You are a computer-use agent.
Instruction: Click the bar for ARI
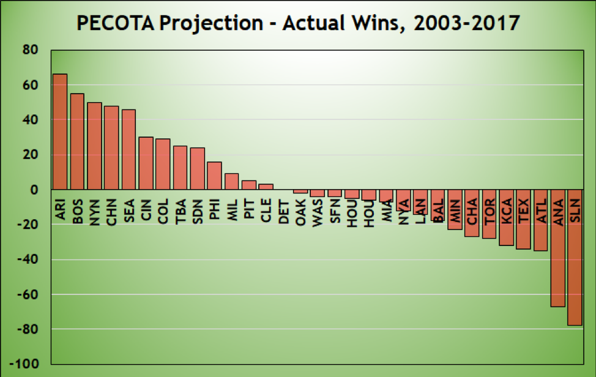60,132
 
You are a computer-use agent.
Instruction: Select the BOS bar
77,142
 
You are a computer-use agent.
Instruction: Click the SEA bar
129,150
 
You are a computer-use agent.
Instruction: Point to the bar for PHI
214,176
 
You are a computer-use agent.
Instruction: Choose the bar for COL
163,165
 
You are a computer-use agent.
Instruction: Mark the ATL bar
541,220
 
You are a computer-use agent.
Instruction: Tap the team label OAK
300,211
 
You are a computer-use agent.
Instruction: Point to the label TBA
181,211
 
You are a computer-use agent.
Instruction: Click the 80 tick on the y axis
29,50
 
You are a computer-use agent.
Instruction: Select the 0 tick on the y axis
34,190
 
